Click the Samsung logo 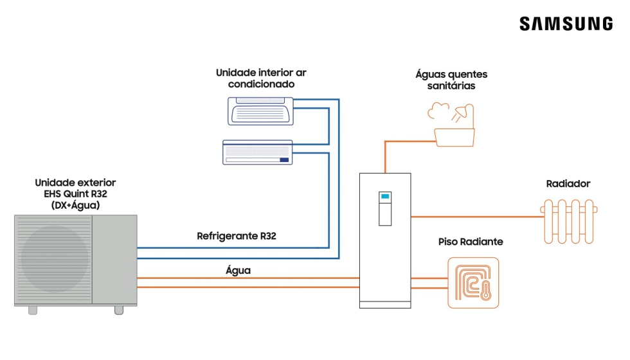[x=566, y=24]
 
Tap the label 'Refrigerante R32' [x=236, y=236]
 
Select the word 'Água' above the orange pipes [x=238, y=271]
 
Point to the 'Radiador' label [x=568, y=184]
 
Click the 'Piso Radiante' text [x=471, y=242]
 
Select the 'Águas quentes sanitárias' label [x=451, y=80]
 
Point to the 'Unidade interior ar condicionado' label [x=261, y=78]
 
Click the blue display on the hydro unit [x=385, y=197]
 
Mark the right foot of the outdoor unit [x=118, y=310]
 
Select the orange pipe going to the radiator [x=476, y=217]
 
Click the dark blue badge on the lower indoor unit [x=284, y=159]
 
